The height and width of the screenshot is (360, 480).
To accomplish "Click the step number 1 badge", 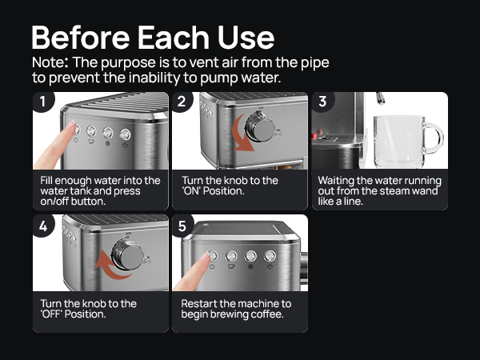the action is [x=43, y=102].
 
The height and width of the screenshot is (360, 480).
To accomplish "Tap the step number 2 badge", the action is [x=182, y=102].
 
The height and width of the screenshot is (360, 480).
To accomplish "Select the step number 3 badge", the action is [x=322, y=102].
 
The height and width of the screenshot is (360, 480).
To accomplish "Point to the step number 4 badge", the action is [x=43, y=226].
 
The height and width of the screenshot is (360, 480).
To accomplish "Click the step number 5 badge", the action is [x=182, y=226].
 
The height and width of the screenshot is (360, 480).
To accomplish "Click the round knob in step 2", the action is [x=260, y=126].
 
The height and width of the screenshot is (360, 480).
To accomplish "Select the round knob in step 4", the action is [x=127, y=255].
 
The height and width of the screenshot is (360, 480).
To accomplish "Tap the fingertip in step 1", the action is [x=72, y=125].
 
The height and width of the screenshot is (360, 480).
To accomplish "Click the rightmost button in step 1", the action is [x=125, y=134].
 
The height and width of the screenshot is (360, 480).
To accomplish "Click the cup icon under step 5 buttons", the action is [x=231, y=266].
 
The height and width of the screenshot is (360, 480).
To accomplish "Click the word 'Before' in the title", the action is [x=81, y=38].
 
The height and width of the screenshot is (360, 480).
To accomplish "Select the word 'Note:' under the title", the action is [x=50, y=62].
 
